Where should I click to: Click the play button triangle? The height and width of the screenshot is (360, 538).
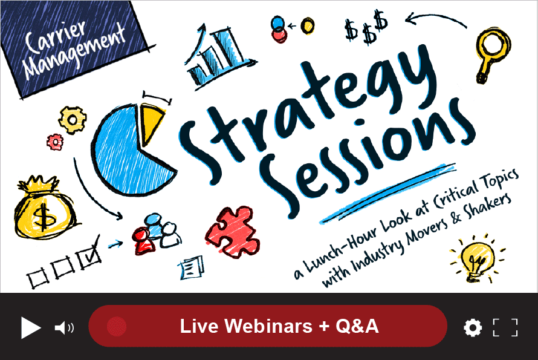coord(30,327)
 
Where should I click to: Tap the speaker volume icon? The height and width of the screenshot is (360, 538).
coord(63,328)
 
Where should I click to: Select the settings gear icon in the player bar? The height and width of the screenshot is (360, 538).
coord(473,328)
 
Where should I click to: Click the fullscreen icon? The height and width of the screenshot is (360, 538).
coord(505,327)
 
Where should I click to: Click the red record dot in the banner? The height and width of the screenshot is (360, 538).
coord(116,327)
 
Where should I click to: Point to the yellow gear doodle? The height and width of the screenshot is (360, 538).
coord(73,119)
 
